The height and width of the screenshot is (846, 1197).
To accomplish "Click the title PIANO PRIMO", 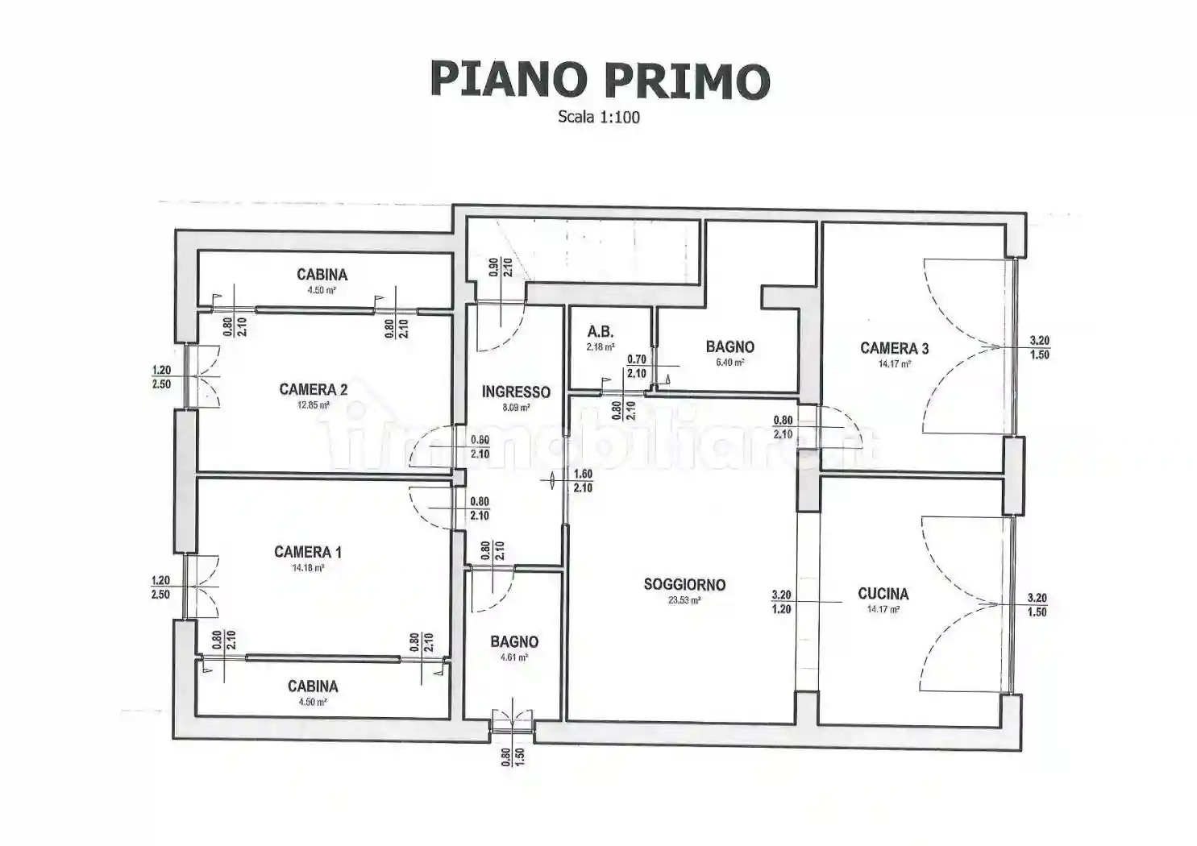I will pyautogui.click(x=600, y=80).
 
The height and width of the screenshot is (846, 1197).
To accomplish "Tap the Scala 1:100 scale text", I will pyautogui.click(x=598, y=117).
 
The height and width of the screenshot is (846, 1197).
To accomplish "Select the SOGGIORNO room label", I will pyautogui.click(x=684, y=584).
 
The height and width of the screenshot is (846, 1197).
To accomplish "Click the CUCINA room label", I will pyautogui.click(x=883, y=594).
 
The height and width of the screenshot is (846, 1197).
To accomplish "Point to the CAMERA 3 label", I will pyautogui.click(x=894, y=348).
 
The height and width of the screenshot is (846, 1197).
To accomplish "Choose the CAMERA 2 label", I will pyautogui.click(x=313, y=389).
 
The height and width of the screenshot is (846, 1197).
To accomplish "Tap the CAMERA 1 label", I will pyautogui.click(x=307, y=552).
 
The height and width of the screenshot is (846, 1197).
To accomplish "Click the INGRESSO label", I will pyautogui.click(x=516, y=392).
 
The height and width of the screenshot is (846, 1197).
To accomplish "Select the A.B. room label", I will pyautogui.click(x=600, y=331).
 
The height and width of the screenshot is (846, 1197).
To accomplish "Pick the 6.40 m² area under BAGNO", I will pyautogui.click(x=730, y=363).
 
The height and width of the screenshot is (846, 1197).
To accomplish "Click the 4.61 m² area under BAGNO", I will pyautogui.click(x=513, y=657).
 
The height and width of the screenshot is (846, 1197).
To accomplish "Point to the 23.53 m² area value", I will pyautogui.click(x=684, y=600).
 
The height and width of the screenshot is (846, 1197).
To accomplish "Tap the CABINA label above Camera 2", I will pyautogui.click(x=322, y=275).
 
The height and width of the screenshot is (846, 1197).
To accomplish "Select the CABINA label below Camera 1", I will pyautogui.click(x=313, y=686).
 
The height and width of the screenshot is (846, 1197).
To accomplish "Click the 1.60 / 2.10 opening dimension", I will pyautogui.click(x=582, y=481).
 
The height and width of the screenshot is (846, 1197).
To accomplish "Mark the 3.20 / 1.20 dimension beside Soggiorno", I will pyautogui.click(x=781, y=602).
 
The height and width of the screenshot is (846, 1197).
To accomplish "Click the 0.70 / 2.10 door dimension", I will pyautogui.click(x=636, y=367).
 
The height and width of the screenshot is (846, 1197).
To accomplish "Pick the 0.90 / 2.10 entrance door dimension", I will pyautogui.click(x=501, y=267).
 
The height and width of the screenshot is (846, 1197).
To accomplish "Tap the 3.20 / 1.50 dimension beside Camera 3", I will pyautogui.click(x=1039, y=347).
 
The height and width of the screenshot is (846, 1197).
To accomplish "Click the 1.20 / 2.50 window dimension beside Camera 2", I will pyautogui.click(x=161, y=377).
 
